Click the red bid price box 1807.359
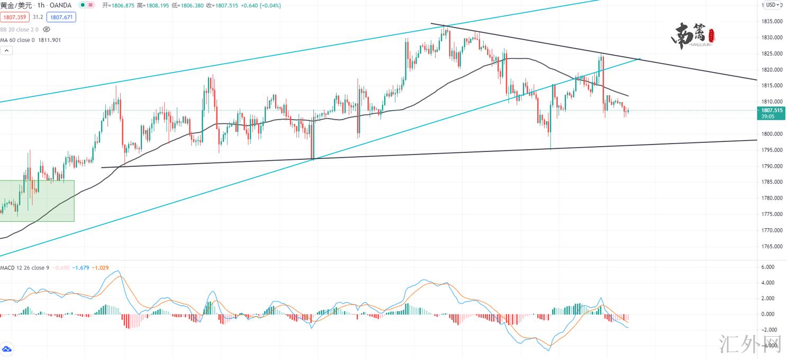(x=15, y=17)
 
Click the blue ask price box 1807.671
(x=61, y=17)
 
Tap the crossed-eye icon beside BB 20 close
(x=46, y=30)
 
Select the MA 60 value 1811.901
(x=49, y=40)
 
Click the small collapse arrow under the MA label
(x=6, y=51)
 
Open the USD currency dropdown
(x=772, y=5)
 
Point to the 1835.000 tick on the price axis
(x=771, y=22)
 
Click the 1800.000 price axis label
(x=771, y=134)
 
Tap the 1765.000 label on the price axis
(x=771, y=247)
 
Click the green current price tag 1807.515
(x=771, y=111)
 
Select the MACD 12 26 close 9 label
(x=24, y=268)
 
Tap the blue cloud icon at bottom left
(x=7, y=350)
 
